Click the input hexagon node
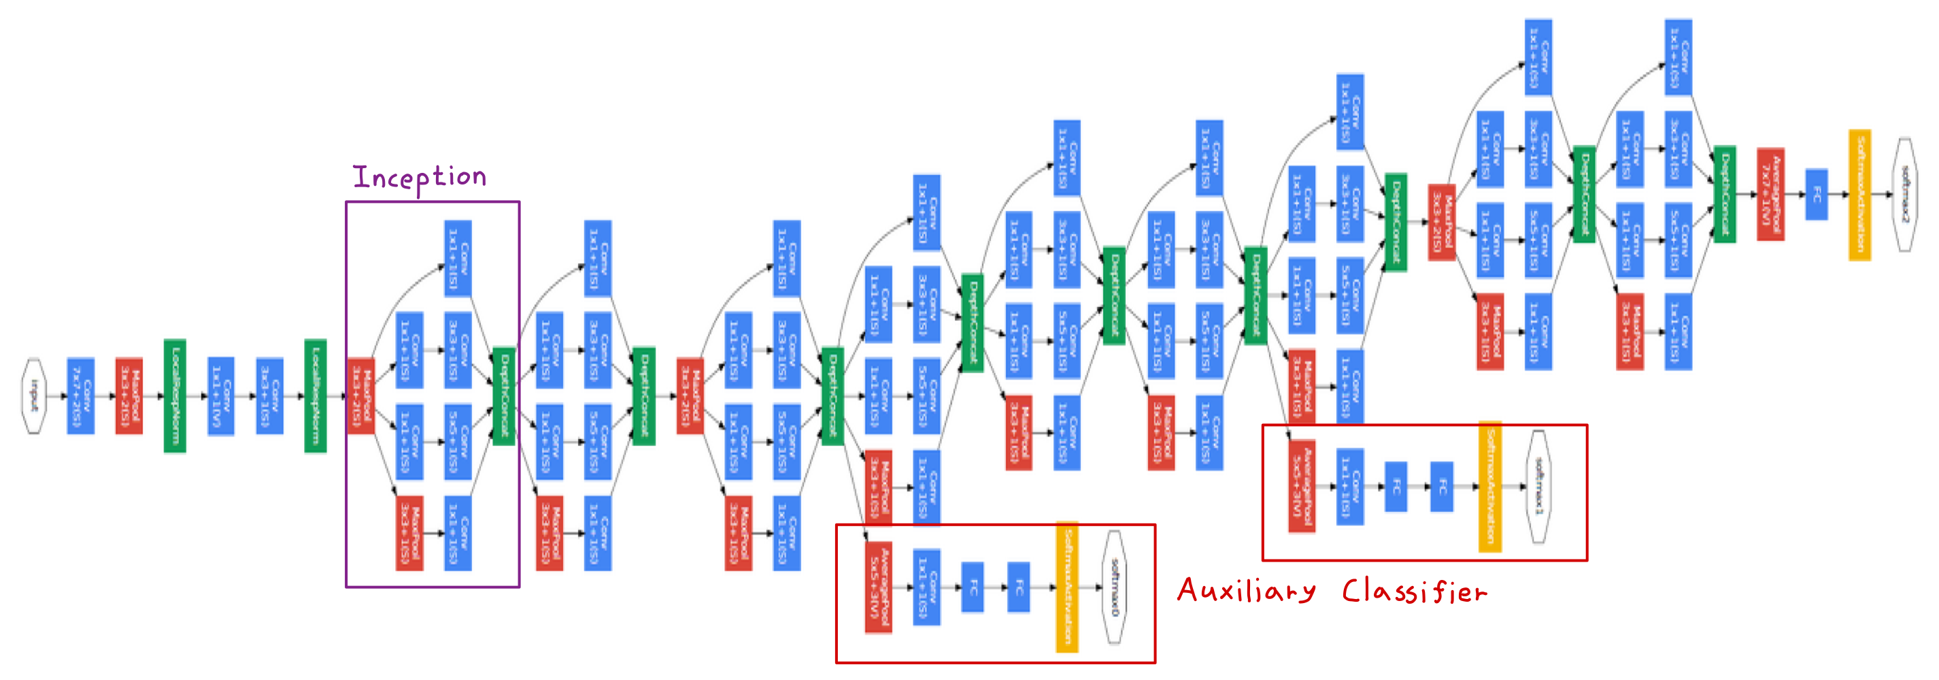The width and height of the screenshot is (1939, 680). (x=34, y=396)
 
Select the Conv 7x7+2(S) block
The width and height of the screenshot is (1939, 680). (x=80, y=396)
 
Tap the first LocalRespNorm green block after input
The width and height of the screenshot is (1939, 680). (x=175, y=396)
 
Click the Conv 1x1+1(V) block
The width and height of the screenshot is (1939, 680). (x=220, y=396)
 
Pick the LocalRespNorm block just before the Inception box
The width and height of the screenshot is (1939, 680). (x=316, y=396)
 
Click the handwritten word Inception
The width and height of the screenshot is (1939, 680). (x=419, y=178)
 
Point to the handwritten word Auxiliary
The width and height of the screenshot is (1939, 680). (x=1247, y=590)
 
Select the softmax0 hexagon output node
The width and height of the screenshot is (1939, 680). (x=1115, y=587)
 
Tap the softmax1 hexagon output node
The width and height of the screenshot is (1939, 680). (x=1538, y=487)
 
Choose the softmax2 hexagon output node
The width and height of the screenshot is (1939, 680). (x=1905, y=194)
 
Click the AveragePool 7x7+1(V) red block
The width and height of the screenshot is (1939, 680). (x=1770, y=194)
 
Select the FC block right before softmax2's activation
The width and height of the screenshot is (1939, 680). (x=1817, y=194)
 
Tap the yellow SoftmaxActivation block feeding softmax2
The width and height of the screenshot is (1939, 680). (x=1860, y=194)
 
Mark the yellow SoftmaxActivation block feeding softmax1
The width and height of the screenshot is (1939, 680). (x=1490, y=487)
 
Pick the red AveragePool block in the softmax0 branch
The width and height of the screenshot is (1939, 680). (x=879, y=587)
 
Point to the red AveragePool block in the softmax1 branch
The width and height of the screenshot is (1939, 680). (x=1302, y=487)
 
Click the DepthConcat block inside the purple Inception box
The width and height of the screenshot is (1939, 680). (x=503, y=396)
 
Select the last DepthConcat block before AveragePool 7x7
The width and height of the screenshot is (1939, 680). (x=1725, y=194)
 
